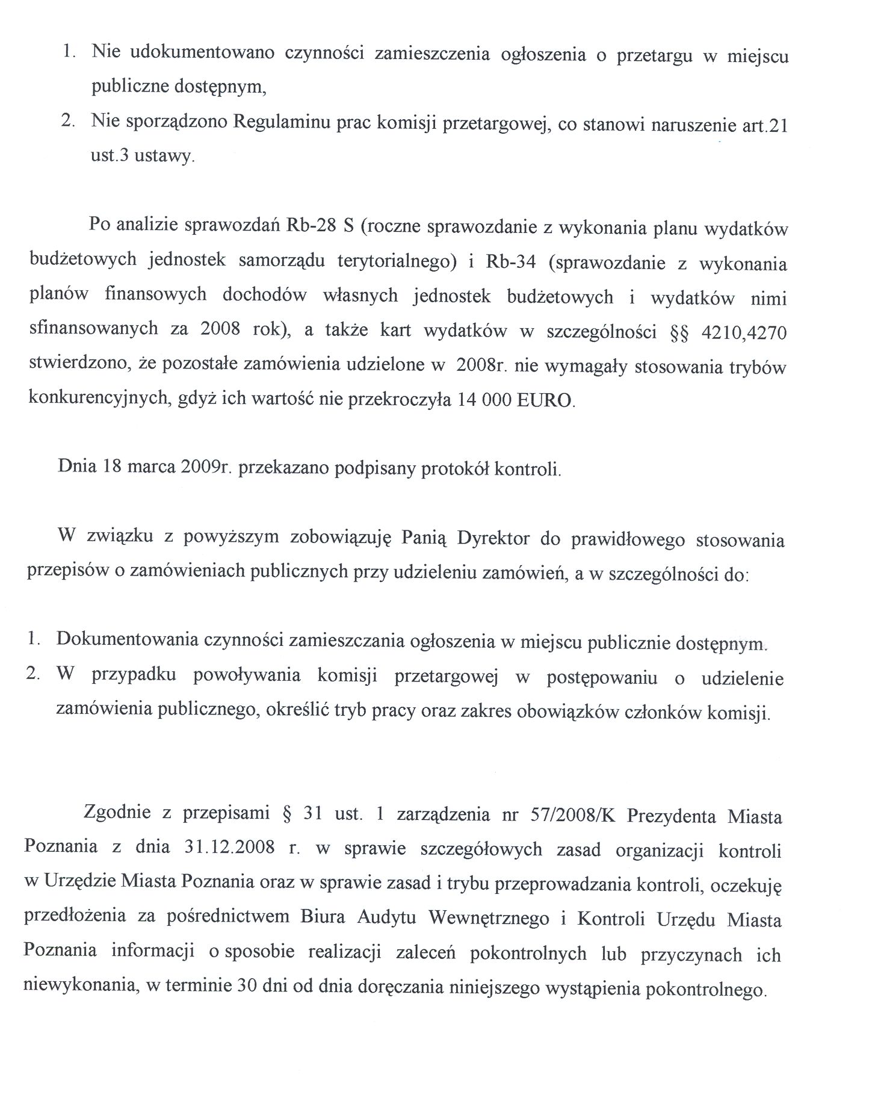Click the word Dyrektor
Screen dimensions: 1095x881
click(x=493, y=538)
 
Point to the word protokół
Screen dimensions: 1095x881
click(x=454, y=469)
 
